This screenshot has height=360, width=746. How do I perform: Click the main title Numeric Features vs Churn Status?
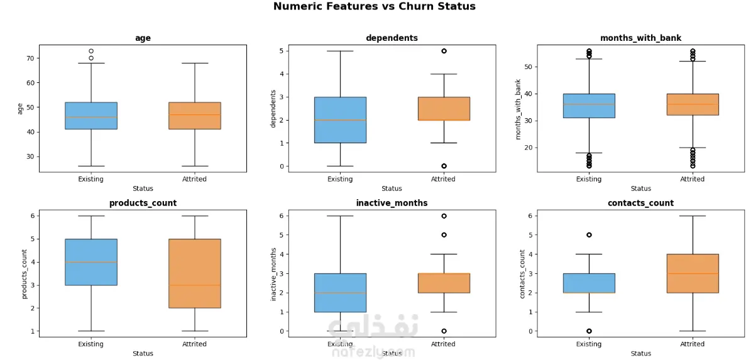[x=374, y=7]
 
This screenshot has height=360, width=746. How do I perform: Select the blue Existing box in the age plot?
[x=91, y=116]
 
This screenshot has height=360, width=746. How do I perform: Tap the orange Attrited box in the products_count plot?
[x=195, y=273]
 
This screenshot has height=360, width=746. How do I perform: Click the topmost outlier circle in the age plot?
[x=91, y=51]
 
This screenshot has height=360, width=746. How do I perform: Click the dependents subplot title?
[x=392, y=38]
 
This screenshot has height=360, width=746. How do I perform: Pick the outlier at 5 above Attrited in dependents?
[x=444, y=51]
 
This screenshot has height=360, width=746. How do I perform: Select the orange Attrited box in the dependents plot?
[x=444, y=109]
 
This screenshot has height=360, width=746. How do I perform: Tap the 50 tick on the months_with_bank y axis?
[x=528, y=67]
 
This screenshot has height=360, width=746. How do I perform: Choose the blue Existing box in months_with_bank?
[x=589, y=106]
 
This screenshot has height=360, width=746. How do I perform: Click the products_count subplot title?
[x=143, y=203]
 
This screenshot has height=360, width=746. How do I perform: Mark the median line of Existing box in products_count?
[x=91, y=262]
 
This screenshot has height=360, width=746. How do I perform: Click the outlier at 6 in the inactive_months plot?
[x=444, y=216]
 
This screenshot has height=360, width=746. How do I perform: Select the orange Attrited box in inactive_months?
[x=444, y=283]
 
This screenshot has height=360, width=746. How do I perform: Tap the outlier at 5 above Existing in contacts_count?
[x=589, y=235]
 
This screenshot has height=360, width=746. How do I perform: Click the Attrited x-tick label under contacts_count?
[x=692, y=344]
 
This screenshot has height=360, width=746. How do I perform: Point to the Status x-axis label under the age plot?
[x=143, y=189]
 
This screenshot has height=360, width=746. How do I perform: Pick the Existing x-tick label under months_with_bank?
[x=589, y=179]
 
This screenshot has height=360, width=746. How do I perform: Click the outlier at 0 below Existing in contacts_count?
[x=589, y=331]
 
